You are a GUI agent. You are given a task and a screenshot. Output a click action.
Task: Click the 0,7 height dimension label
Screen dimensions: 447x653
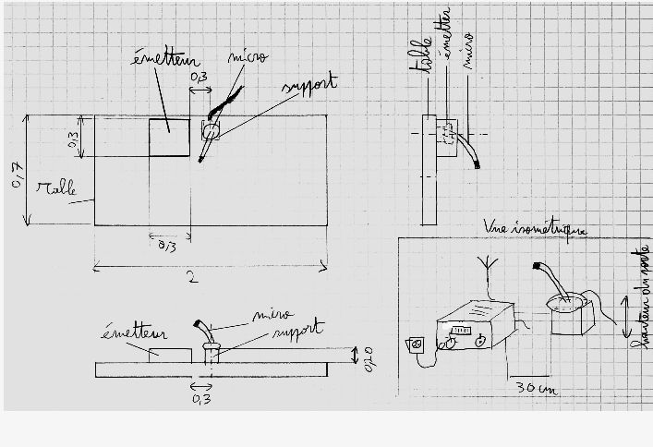(x=17, y=173)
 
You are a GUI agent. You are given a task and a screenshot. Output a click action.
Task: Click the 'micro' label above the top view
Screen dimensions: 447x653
(x=249, y=57)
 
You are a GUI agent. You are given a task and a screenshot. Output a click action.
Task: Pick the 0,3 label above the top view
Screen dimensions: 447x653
(x=198, y=79)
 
